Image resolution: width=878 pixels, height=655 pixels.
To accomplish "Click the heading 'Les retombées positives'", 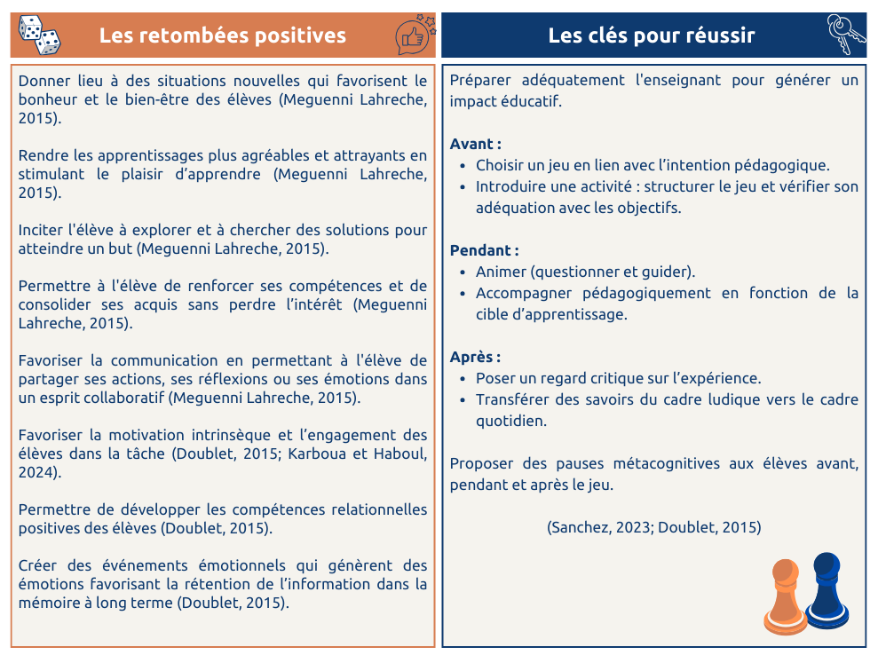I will coord(223,36).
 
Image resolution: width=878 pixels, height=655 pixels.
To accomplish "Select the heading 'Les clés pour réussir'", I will coord(652,36).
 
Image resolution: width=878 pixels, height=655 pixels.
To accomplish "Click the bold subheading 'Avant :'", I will coord(476,144).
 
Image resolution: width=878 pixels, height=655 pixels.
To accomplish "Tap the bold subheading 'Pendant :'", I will coord(484,250).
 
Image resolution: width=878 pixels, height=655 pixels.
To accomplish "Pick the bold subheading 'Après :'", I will coord(475,357).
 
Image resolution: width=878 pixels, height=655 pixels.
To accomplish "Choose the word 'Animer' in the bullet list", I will coord(501,272).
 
